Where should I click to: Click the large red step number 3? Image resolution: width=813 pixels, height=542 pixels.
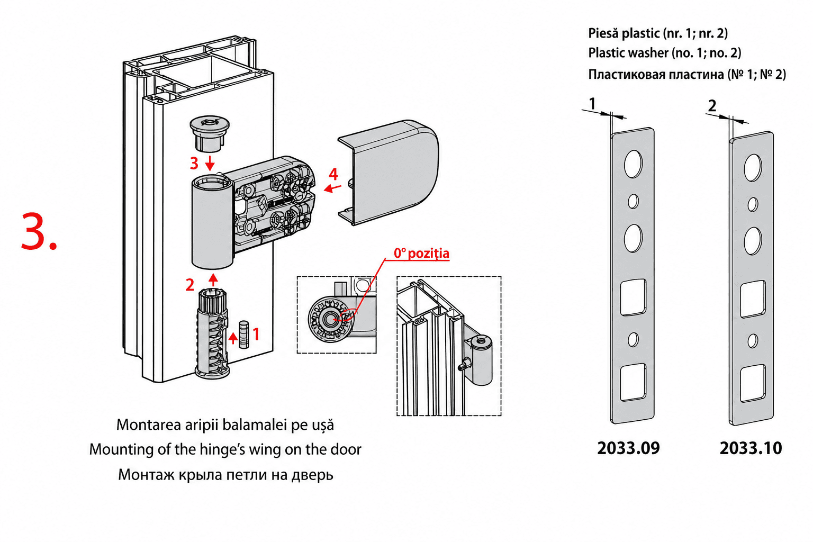click(39, 232)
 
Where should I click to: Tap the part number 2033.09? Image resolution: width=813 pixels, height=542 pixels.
click(628, 448)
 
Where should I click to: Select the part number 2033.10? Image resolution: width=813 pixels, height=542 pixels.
click(751, 448)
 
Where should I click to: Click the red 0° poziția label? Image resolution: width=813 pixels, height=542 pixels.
click(421, 254)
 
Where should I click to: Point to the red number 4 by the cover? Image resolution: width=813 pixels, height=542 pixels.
click(333, 174)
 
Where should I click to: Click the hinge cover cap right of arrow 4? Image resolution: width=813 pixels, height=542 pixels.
click(389, 172)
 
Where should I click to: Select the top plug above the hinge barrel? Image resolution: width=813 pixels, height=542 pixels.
click(210, 133)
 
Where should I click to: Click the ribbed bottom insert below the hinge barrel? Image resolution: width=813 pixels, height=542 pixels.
click(212, 333)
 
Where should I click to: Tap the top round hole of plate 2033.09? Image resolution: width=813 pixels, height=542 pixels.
click(634, 164)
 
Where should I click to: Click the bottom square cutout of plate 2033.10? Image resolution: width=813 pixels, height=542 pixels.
click(753, 384)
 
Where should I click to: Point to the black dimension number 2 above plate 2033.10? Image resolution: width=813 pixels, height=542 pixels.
click(712, 106)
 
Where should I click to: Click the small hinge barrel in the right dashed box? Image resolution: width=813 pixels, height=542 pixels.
click(481, 360)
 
